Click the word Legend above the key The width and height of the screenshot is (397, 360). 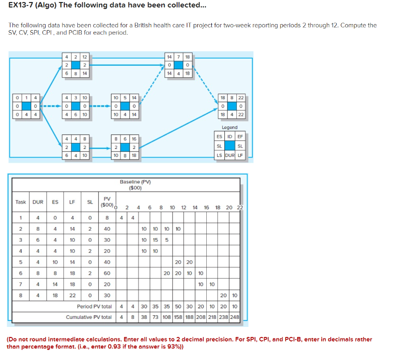click(x=229, y=127)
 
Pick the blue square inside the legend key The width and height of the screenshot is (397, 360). click(x=229, y=146)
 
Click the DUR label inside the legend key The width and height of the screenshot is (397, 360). click(x=229, y=155)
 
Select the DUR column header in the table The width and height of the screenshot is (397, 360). click(x=38, y=202)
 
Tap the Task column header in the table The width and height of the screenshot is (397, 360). click(x=21, y=202)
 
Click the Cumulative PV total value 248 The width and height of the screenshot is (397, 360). click(x=234, y=317)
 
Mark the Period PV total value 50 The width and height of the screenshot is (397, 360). click(x=178, y=306)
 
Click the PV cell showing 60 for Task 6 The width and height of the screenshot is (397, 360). click(x=106, y=273)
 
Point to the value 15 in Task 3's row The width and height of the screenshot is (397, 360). click(x=155, y=240)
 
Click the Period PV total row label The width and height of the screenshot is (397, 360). click(x=94, y=306)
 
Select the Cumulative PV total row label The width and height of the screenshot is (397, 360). click(x=89, y=317)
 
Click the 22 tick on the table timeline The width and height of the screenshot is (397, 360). click(x=239, y=207)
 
